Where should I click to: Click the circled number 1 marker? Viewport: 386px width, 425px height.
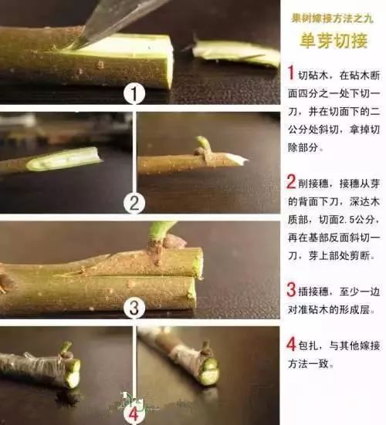click(x=134, y=94)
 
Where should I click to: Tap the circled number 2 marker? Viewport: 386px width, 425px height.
click(x=134, y=204)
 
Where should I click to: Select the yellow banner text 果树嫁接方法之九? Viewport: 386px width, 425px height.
click(x=333, y=15)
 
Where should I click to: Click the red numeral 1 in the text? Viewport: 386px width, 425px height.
click(x=290, y=73)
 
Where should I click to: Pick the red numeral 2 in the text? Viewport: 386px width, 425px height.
click(x=290, y=183)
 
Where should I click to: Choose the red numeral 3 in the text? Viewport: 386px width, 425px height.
click(x=290, y=291)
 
